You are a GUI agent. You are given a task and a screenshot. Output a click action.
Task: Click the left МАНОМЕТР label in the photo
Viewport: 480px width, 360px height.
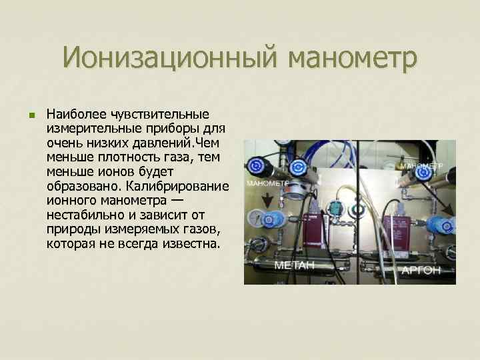click(x=267, y=182)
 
